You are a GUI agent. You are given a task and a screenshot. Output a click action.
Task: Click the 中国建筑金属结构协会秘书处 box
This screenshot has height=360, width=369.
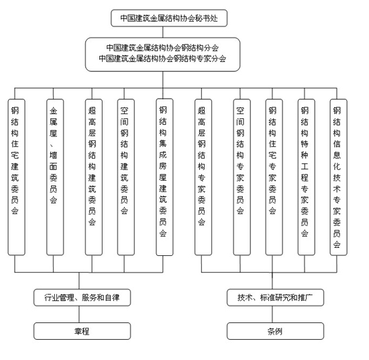click(169, 18)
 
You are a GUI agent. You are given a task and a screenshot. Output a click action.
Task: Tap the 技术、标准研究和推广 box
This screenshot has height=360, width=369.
click(276, 296)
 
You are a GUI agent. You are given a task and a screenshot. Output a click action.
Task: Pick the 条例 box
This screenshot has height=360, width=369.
click(276, 330)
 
